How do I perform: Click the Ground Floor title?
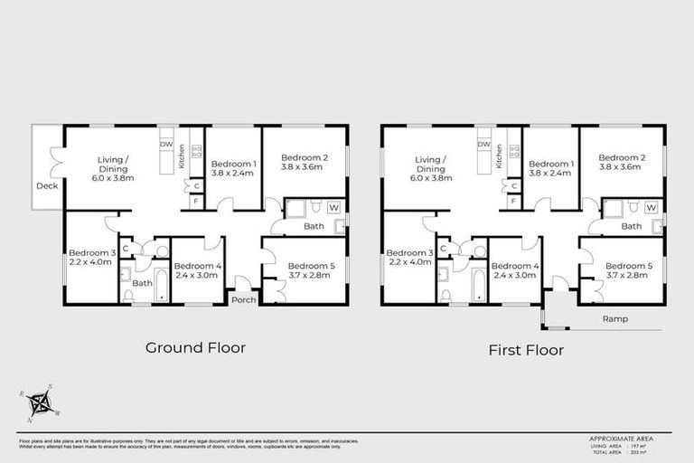195,347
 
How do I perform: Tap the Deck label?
46,186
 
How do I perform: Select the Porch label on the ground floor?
243,299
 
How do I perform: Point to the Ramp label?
616,319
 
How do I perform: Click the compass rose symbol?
41,403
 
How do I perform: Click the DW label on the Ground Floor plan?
166,144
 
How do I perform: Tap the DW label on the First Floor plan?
483,144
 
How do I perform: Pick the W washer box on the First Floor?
651,207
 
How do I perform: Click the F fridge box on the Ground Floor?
196,201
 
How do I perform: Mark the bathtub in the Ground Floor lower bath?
161,287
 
